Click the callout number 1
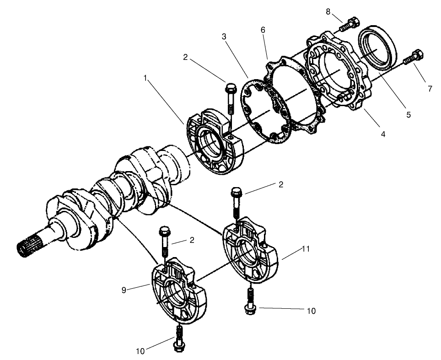point(145,78)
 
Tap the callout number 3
point(224,36)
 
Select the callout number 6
point(263,29)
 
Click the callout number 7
point(430,89)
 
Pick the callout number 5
point(408,115)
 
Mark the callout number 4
point(382,134)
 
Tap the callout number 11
point(306,249)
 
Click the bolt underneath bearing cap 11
point(249,302)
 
